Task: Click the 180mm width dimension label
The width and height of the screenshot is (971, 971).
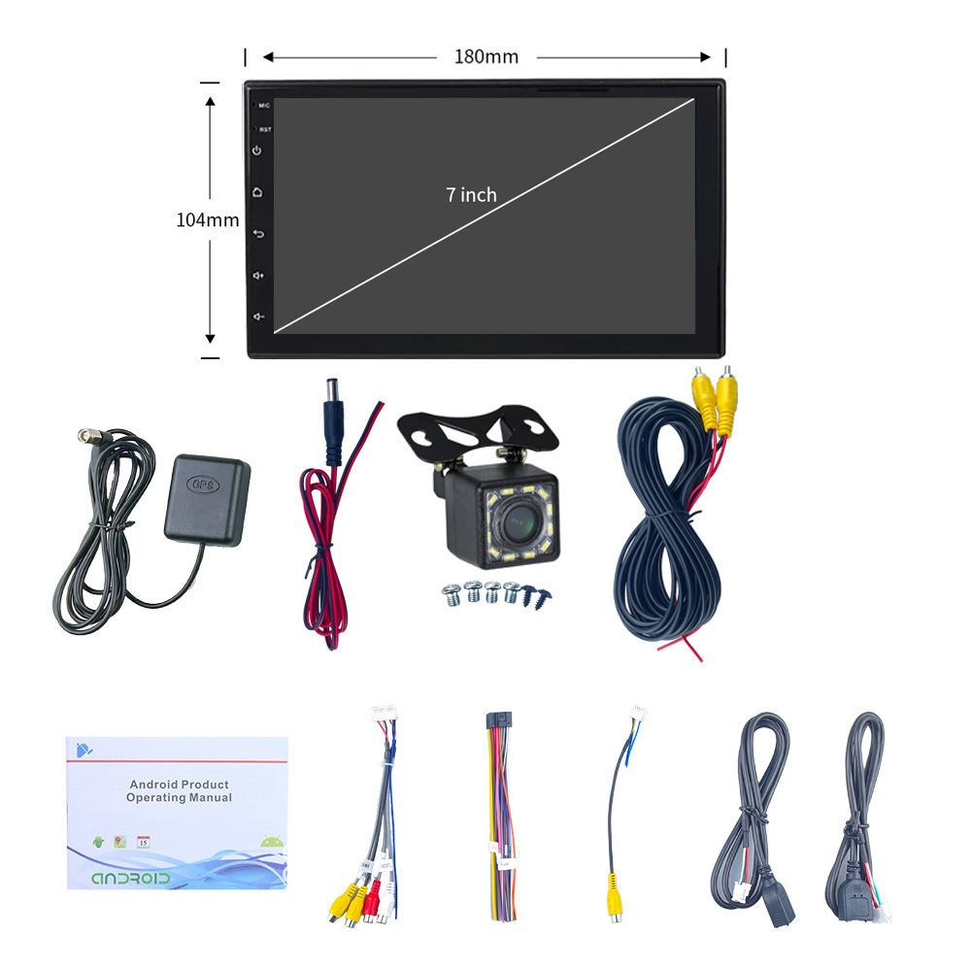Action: (485, 56)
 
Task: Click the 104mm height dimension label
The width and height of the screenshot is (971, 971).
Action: (207, 220)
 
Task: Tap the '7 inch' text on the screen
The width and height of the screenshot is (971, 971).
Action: (471, 195)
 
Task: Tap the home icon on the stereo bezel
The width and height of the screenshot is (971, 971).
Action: (258, 192)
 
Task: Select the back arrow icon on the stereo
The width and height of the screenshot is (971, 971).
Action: (258, 234)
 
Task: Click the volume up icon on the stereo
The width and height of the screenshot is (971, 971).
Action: (258, 276)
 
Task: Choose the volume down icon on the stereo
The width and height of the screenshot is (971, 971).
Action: (258, 317)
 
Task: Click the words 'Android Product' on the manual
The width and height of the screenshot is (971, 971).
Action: (180, 784)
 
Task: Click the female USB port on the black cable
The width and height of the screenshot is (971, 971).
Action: (780, 908)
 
